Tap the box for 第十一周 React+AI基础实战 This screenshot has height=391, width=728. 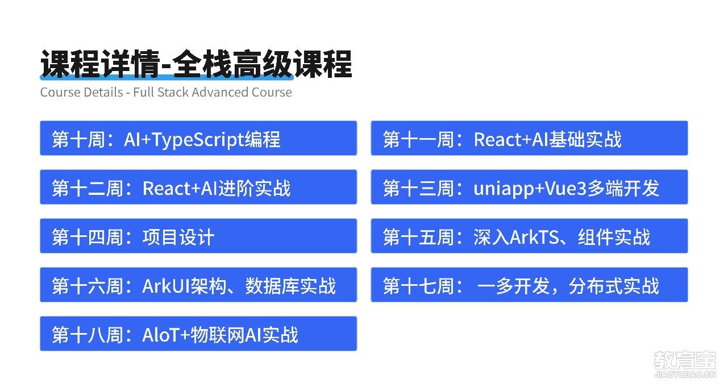pyautogui.click(x=529, y=138)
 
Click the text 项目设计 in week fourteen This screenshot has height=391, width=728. pyautogui.click(x=178, y=237)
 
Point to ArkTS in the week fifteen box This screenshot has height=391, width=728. pyautogui.click(x=534, y=237)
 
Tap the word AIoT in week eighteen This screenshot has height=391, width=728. pyautogui.click(x=161, y=335)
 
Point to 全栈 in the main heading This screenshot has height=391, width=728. pyautogui.click(x=202, y=64)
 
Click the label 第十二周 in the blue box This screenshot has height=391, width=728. pyautogui.click(x=88, y=188)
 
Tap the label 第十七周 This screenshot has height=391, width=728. pyautogui.click(x=419, y=286)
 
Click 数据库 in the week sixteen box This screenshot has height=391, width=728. pyautogui.click(x=272, y=286)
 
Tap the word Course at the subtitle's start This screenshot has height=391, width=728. pyautogui.click(x=60, y=92)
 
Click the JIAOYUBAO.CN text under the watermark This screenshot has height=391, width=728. pyautogui.click(x=685, y=375)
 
